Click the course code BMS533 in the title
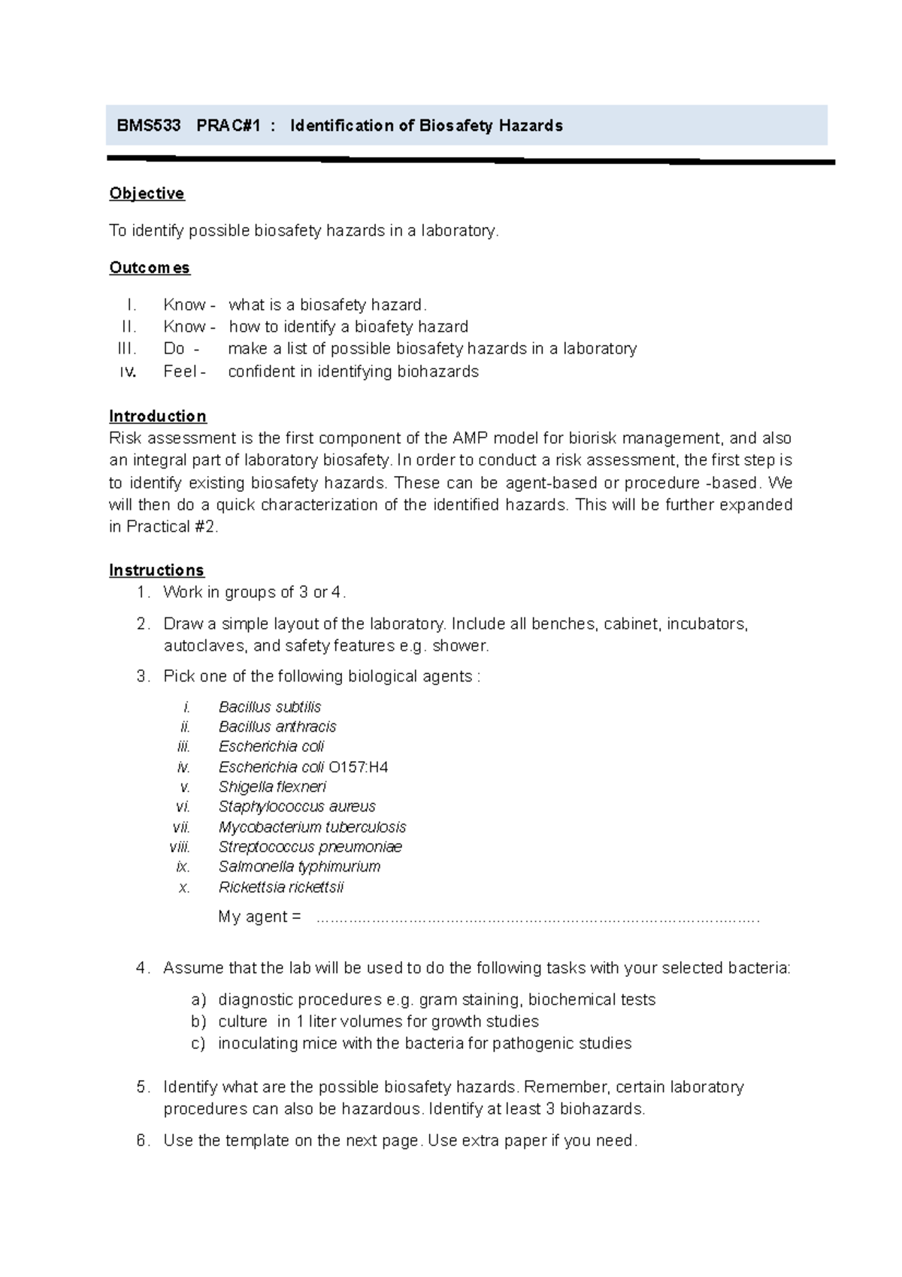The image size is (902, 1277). (x=149, y=126)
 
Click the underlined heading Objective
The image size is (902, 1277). (x=147, y=193)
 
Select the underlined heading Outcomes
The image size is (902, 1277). (x=150, y=268)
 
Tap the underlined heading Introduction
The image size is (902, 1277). (x=157, y=416)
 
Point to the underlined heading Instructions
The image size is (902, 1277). (x=156, y=570)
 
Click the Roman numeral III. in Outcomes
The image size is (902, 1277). (x=127, y=349)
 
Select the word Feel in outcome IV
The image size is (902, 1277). (x=180, y=372)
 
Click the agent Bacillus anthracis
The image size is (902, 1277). (x=277, y=726)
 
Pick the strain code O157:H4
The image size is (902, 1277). (x=359, y=767)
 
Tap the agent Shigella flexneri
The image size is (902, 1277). (x=272, y=787)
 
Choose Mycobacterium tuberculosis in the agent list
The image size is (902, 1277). (x=312, y=827)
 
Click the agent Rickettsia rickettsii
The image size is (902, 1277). (x=281, y=887)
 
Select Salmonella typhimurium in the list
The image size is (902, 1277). (x=299, y=866)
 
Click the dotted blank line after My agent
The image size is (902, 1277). (x=537, y=918)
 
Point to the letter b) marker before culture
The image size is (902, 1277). (x=198, y=1021)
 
